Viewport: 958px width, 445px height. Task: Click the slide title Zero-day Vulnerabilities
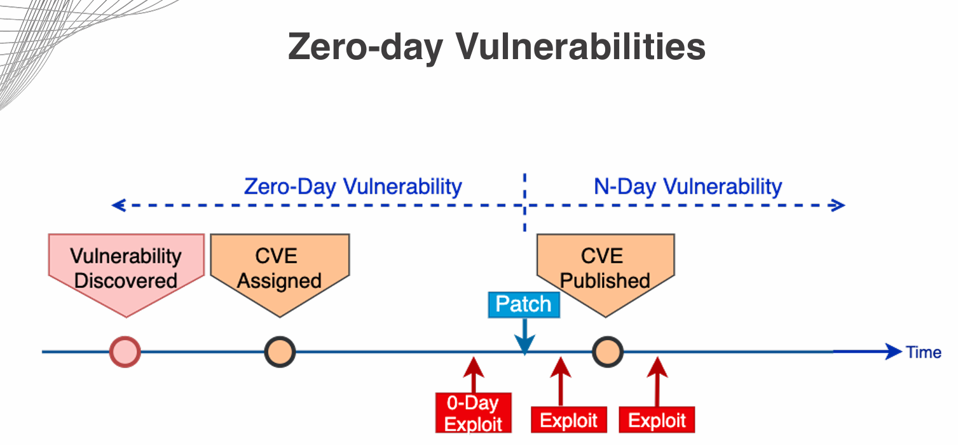tap(496, 46)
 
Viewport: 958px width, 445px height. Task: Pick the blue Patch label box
tap(523, 304)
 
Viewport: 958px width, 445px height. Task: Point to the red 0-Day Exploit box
tap(473, 413)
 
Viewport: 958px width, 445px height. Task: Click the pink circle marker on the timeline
tap(125, 351)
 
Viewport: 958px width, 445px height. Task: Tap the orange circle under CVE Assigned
tap(280, 351)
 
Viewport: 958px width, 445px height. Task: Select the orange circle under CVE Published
tap(607, 351)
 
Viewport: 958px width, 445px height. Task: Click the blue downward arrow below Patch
tap(524, 337)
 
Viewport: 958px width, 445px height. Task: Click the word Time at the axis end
tap(924, 352)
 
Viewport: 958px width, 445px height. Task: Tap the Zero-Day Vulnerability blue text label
tap(353, 186)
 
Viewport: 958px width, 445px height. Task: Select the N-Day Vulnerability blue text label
tap(688, 186)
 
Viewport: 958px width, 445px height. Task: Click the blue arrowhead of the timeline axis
tap(893, 351)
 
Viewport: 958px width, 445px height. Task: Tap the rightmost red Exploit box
tap(657, 420)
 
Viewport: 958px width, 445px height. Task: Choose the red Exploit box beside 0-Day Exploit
tap(568, 420)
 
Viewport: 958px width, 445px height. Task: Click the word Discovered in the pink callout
tap(126, 280)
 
